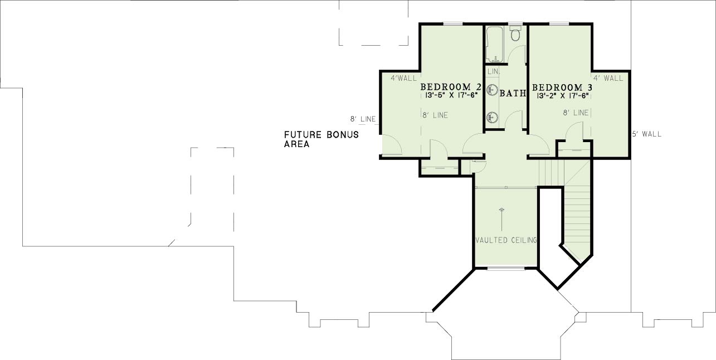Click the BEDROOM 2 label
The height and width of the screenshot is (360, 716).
(x=451, y=87)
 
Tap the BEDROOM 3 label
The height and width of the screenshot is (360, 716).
(x=562, y=87)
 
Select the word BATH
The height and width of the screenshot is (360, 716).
(x=513, y=94)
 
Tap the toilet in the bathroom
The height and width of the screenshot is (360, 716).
(x=515, y=33)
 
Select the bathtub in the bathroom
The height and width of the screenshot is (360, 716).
(x=495, y=45)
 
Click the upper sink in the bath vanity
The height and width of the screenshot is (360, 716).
(x=493, y=90)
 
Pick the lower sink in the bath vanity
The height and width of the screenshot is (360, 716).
(x=493, y=118)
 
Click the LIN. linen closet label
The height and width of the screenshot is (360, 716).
(x=494, y=72)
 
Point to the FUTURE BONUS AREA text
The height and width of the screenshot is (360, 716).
(x=322, y=139)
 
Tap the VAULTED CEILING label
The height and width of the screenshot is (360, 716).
(x=506, y=240)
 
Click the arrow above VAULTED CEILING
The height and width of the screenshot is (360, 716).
(x=501, y=219)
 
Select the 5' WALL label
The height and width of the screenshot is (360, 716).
(x=647, y=134)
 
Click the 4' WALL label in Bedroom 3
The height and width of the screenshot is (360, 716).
(x=608, y=79)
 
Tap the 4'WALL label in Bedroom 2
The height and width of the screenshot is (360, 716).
(x=404, y=79)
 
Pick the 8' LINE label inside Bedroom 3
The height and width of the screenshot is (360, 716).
(x=576, y=113)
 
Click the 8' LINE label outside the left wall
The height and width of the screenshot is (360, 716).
(x=363, y=119)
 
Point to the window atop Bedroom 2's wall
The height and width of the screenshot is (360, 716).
(x=453, y=23)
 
